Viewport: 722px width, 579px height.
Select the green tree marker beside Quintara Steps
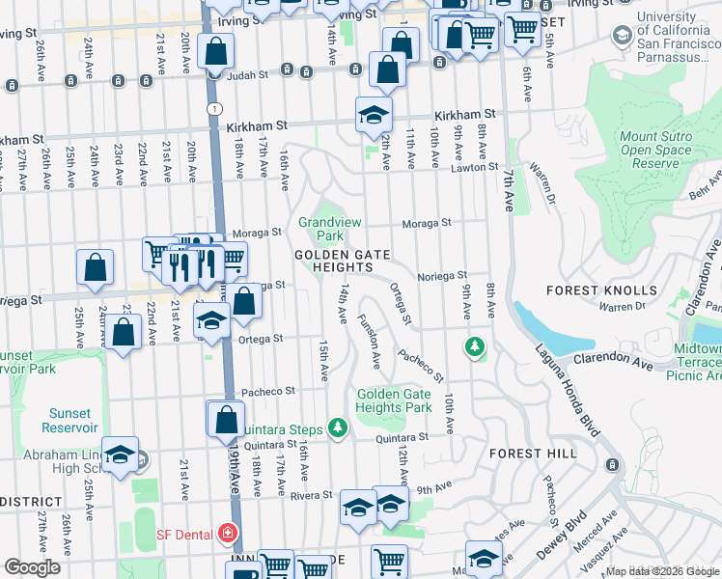(337, 426)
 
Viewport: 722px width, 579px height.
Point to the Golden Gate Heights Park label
(394, 400)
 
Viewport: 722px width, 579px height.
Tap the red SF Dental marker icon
(227, 533)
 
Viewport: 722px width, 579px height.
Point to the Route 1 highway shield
(211, 109)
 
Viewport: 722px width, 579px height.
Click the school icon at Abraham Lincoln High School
(120, 456)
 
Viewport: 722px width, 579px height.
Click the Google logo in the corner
(32, 566)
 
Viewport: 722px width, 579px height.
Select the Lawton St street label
(473, 168)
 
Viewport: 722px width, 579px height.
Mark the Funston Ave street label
(370, 342)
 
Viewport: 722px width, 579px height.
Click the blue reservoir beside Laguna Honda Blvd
(545, 328)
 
